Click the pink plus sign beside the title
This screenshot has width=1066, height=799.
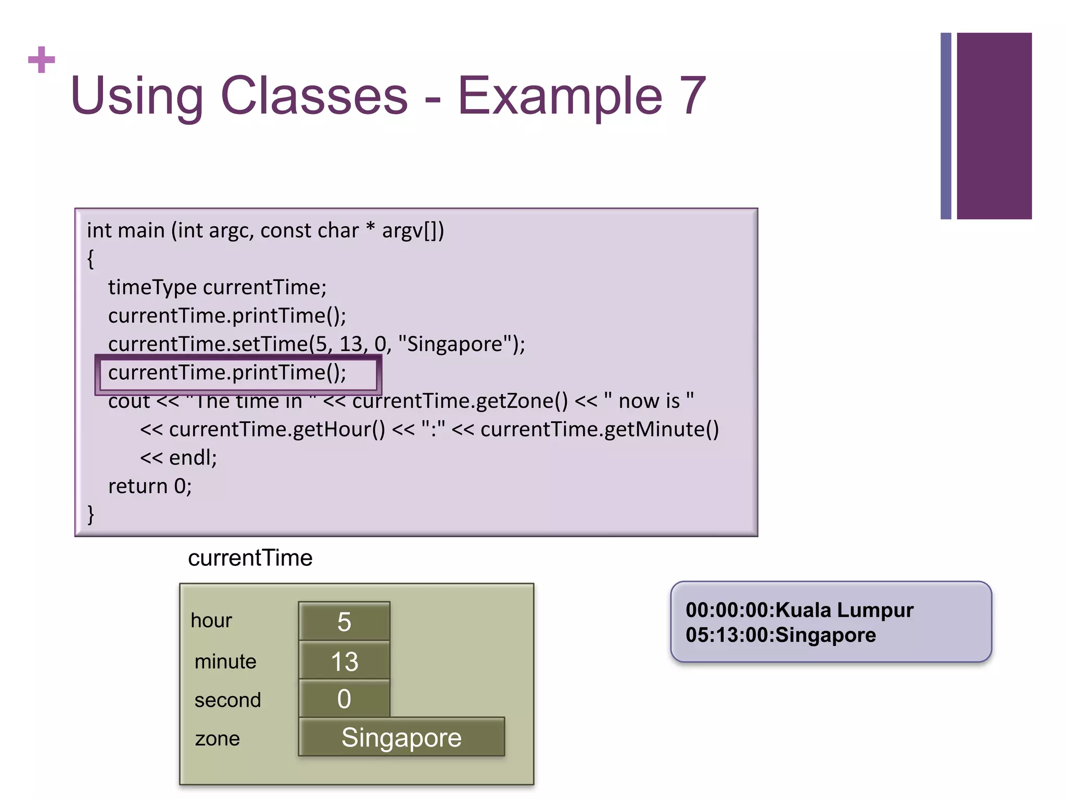pyautogui.click(x=42, y=59)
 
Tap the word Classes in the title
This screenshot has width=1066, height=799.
pyautogui.click(x=314, y=96)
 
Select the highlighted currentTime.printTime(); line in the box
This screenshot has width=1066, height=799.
pyautogui.click(x=227, y=373)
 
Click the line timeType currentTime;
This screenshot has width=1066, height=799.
pyautogui.click(x=217, y=287)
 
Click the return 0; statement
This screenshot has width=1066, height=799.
pyautogui.click(x=150, y=486)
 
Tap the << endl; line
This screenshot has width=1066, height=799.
pyautogui.click(x=179, y=458)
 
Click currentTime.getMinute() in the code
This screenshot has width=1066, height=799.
pyautogui.click(x=599, y=429)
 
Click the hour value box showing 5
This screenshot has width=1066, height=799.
pyautogui.click(x=344, y=621)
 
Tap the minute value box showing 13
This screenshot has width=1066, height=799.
pyautogui.click(x=344, y=661)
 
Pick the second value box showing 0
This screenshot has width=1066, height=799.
pyautogui.click(x=344, y=699)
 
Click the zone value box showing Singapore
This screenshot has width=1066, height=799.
pyautogui.click(x=401, y=737)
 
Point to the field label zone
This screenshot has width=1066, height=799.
pyautogui.click(x=217, y=739)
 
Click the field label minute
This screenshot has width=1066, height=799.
pyautogui.click(x=225, y=662)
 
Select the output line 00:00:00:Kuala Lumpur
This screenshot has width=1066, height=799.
pyautogui.click(x=799, y=610)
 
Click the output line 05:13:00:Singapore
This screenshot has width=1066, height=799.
pyautogui.click(x=780, y=635)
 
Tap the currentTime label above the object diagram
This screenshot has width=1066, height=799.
pyautogui.click(x=250, y=558)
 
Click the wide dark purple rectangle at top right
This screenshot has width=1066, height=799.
pyautogui.click(x=994, y=126)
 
